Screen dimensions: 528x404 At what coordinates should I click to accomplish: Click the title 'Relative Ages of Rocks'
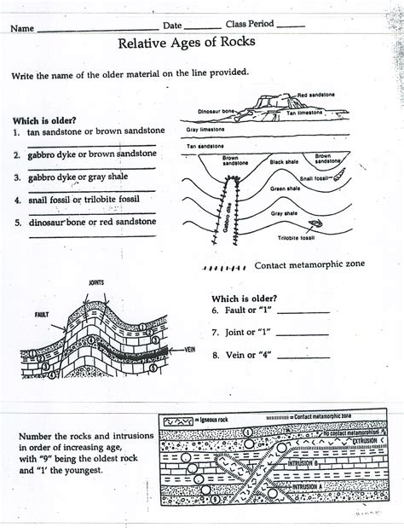pos(203,43)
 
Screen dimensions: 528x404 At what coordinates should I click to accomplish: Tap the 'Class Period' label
pos(249,24)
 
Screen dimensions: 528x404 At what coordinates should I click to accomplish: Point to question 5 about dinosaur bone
pos(84,221)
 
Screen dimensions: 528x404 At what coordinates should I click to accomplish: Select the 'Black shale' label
pos(284,161)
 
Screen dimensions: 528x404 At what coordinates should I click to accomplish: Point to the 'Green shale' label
pos(284,188)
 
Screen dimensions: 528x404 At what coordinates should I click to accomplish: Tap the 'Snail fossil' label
pos(314,178)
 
